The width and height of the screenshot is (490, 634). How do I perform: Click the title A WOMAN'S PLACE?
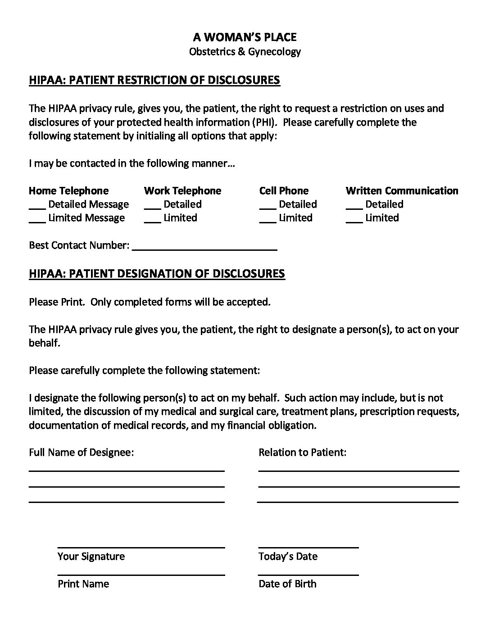point(245,36)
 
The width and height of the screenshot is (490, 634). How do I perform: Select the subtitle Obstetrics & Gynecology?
point(245,51)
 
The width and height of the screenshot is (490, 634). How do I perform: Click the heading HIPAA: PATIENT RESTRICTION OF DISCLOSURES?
point(154,80)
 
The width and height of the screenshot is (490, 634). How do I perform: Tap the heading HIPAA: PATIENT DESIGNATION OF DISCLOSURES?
point(157,274)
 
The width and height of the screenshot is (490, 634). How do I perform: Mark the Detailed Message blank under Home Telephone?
point(37,207)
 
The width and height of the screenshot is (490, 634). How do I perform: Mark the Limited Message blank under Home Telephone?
point(37,221)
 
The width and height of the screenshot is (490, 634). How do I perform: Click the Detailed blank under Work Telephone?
point(152,207)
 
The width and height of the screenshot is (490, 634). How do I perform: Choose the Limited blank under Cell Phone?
point(268,221)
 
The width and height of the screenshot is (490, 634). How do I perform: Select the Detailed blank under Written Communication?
point(354,207)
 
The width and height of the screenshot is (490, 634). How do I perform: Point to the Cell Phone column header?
point(284,190)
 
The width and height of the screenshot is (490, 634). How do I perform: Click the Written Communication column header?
point(402,190)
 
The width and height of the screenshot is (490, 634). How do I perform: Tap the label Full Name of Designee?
point(81,452)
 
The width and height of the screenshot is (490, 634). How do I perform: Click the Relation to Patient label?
point(302,452)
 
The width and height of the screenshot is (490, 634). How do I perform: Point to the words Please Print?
point(57,302)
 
